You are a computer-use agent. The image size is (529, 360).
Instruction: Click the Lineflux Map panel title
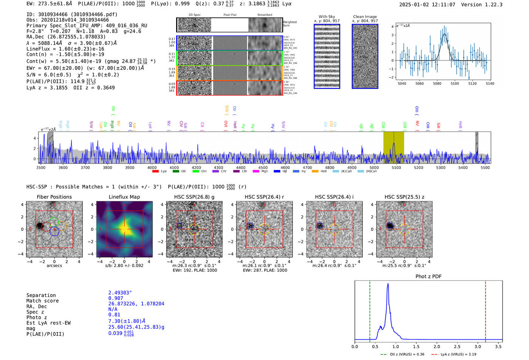click(124, 197)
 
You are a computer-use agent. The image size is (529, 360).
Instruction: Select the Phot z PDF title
click(428, 277)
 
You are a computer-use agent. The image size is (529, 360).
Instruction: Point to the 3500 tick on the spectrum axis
click(40, 168)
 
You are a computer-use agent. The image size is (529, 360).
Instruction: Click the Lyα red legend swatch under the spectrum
click(155, 172)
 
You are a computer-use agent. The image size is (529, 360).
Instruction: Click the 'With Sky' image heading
click(326, 17)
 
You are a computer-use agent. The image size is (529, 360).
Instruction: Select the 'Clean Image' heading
click(365, 17)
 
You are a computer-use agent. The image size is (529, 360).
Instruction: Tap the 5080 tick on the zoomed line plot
click(437, 83)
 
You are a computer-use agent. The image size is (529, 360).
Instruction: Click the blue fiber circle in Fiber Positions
click(54, 232)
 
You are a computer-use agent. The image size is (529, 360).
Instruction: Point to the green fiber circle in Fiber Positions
click(54, 222)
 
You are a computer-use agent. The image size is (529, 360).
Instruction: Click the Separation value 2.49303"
click(120, 293)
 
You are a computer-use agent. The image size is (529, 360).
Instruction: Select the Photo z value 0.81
click(114, 315)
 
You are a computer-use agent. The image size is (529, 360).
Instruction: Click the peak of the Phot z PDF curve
click(388, 284)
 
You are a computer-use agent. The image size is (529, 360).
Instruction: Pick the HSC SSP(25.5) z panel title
click(404, 197)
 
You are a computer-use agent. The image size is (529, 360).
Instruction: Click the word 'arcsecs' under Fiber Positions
click(54, 266)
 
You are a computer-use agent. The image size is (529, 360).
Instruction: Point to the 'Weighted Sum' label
click(289, 24)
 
